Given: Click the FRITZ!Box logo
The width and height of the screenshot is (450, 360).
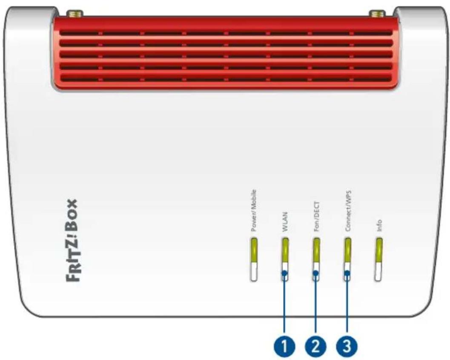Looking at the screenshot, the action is [72, 241].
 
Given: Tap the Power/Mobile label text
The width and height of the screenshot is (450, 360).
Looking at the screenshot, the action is [253, 210].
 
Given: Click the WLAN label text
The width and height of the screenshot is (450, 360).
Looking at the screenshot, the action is [285, 222].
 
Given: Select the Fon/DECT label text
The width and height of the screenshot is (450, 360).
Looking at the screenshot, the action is [317, 216].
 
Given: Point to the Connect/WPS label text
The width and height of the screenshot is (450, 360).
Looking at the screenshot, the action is [348, 210].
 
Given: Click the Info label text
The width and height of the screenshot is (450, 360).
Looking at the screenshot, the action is [379, 226].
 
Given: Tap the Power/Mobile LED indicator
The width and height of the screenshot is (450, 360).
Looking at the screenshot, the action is [254, 259].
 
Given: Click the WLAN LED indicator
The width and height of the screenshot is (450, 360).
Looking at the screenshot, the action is [285, 259].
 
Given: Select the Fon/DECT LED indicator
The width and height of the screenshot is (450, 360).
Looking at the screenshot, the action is [317, 259].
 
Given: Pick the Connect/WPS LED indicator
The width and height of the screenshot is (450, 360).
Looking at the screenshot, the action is [347, 259].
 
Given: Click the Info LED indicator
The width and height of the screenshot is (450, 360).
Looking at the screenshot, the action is [379, 259].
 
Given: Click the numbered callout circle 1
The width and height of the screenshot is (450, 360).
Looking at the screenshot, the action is [284, 346].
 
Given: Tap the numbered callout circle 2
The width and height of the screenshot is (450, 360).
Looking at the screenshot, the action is [316, 346].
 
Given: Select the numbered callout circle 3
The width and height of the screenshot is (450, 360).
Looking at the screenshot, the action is [347, 346].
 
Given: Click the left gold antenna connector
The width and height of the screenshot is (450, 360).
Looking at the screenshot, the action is [75, 13].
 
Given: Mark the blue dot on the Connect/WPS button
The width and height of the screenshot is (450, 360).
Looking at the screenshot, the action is [347, 273].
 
